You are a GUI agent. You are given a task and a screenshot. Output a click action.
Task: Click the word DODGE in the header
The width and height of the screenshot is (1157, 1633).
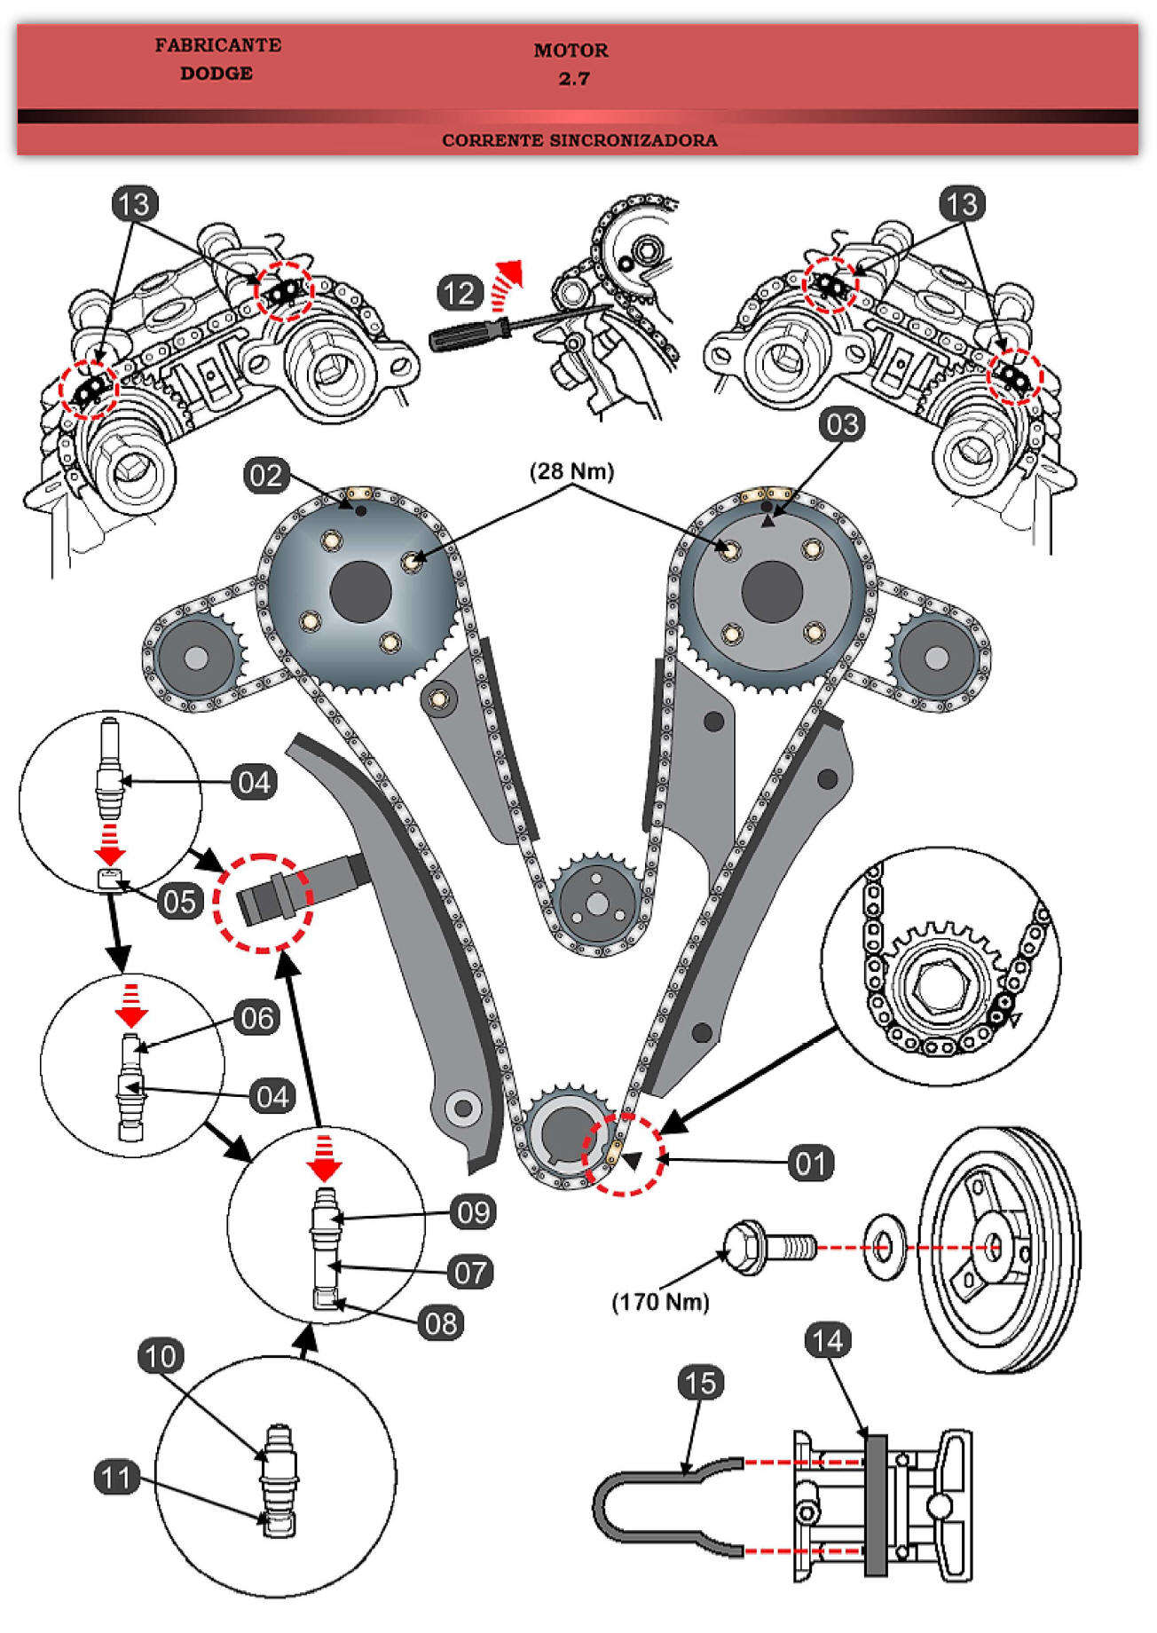[x=216, y=74]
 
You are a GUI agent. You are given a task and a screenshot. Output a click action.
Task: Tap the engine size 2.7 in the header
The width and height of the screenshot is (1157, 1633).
[x=574, y=79]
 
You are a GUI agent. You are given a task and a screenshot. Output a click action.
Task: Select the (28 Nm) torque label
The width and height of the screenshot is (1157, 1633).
[x=571, y=471]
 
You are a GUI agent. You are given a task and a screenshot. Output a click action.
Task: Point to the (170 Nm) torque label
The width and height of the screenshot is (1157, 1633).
[x=660, y=1302]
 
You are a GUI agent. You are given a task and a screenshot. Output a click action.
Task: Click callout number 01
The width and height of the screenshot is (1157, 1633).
[x=810, y=1163]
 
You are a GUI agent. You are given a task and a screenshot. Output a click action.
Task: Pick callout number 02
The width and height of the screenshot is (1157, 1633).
[x=265, y=476]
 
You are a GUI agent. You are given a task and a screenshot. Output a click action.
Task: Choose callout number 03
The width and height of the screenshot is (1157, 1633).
[x=842, y=424]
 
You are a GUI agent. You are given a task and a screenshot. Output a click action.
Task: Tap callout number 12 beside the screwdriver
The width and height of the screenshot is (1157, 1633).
[x=459, y=293]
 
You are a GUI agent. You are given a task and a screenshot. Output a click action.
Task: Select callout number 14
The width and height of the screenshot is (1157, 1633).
[x=827, y=1341]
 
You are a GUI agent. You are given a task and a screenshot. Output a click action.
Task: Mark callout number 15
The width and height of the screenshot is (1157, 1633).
[x=700, y=1383]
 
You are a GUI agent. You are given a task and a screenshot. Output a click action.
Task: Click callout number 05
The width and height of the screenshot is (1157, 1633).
[x=179, y=902]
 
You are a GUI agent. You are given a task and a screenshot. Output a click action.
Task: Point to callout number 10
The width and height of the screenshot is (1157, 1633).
[x=161, y=1356]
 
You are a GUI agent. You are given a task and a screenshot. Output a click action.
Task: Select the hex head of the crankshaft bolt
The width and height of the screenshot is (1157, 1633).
[x=744, y=1247]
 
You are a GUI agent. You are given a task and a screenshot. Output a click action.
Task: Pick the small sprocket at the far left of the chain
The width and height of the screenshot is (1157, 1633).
[x=196, y=658]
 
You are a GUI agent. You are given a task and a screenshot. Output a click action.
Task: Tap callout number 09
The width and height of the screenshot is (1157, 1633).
[x=473, y=1212]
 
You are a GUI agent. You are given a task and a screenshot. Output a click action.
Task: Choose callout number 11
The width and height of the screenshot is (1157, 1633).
[x=116, y=1478]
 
